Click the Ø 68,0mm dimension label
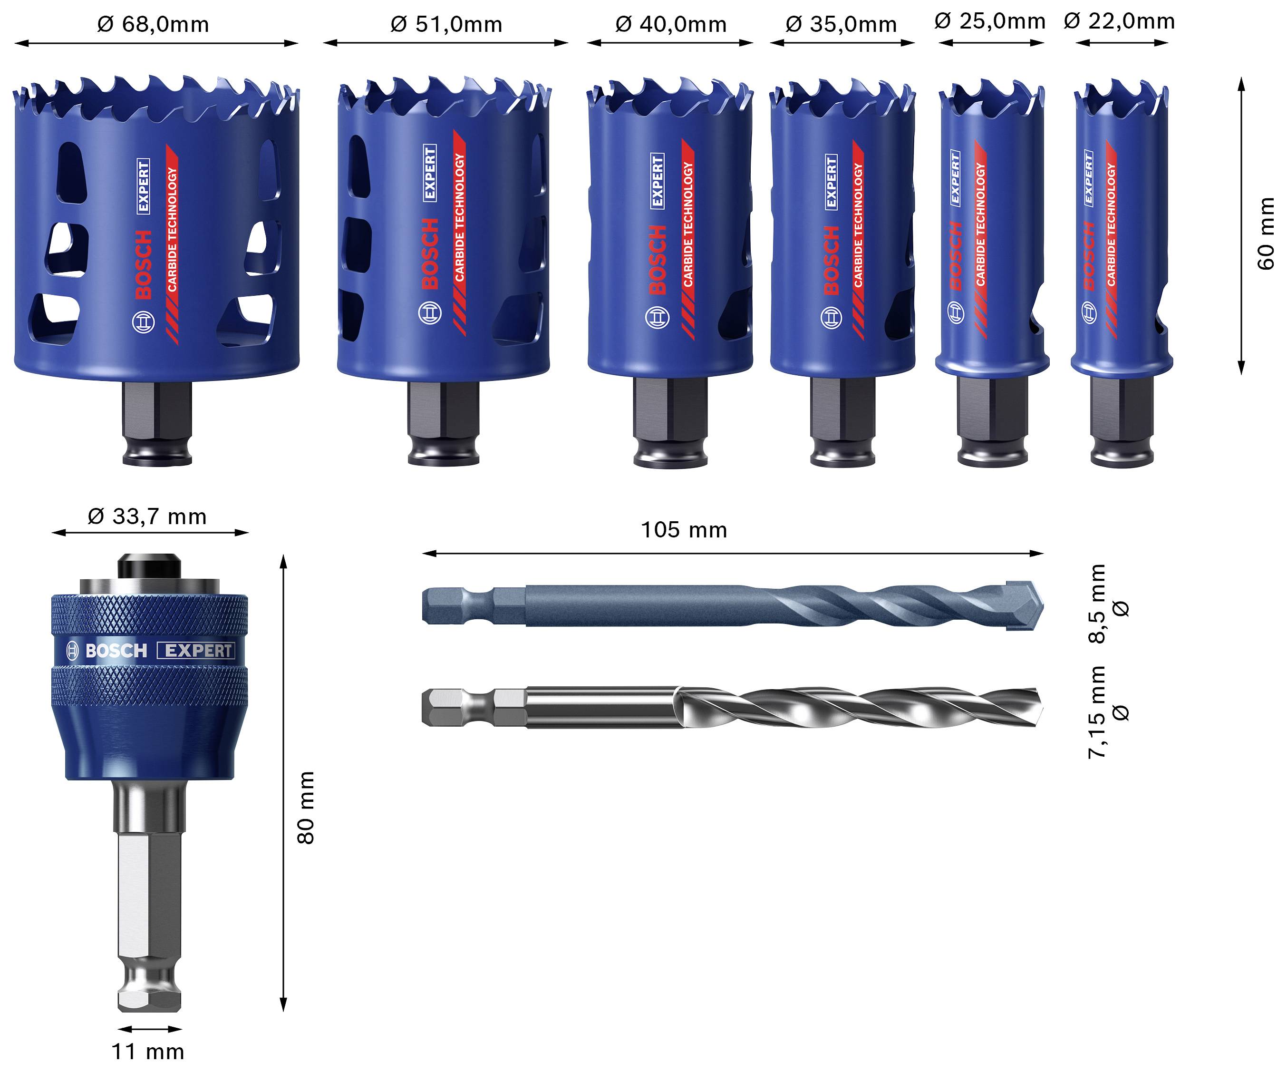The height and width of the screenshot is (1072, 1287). pos(153,25)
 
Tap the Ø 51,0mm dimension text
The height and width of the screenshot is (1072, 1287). pos(446,25)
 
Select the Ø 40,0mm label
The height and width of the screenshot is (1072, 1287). pos(671,25)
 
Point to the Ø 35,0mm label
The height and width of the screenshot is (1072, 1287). pos(841,25)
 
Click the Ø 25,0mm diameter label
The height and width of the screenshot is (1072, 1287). pos(990,21)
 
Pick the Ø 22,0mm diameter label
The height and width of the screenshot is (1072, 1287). pos(1119,21)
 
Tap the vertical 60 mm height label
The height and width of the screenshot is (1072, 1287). pos(1265,233)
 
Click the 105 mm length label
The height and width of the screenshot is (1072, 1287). pos(684,530)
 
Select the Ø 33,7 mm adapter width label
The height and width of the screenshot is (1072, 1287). pos(147,517)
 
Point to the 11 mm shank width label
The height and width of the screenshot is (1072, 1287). pos(148,1052)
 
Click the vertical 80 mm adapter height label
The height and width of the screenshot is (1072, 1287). pos(305,808)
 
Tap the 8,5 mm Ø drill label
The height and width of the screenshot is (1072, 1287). pos(1106,604)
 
